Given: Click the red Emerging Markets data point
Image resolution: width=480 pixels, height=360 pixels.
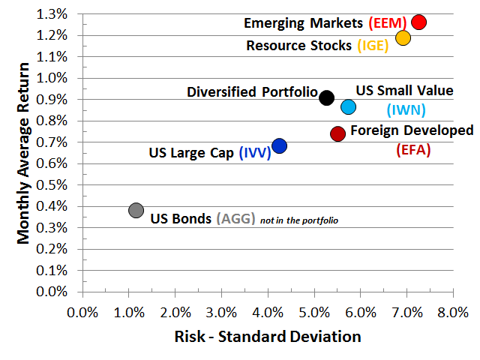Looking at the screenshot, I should [x=418, y=22].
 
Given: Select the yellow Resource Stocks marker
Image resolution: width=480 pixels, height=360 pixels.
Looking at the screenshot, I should [x=403, y=37].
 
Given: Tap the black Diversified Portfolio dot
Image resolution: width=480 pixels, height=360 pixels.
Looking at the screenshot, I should [x=326, y=97].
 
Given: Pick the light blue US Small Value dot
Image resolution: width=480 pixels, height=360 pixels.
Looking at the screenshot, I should [x=348, y=106].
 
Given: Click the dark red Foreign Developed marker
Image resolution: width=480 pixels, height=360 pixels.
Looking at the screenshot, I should [x=337, y=133].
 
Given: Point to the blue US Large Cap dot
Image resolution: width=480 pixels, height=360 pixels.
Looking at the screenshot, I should [x=279, y=145].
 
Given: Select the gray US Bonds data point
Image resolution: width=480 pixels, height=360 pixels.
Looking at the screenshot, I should [x=136, y=210].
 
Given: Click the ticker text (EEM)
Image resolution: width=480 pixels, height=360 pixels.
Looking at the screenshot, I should [x=388, y=23].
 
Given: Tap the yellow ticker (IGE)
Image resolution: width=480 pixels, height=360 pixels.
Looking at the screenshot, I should [x=373, y=45].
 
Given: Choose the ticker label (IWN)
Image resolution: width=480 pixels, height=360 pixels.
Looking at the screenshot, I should [x=406, y=110].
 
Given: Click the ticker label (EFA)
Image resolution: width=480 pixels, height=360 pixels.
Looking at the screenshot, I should [x=412, y=149].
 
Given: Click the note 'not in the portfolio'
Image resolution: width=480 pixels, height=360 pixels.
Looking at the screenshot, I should [x=299, y=220].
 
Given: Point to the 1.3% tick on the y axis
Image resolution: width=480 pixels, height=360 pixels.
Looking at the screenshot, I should [x=54, y=14].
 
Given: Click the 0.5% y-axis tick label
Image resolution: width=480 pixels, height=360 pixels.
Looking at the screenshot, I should [x=54, y=184].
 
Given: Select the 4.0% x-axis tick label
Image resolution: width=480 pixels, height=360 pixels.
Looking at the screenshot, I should [x=268, y=311].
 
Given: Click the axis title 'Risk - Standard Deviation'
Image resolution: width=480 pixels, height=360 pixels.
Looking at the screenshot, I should [x=268, y=336].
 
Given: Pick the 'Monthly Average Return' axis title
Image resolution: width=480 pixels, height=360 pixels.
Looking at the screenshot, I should [x=24, y=154].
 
